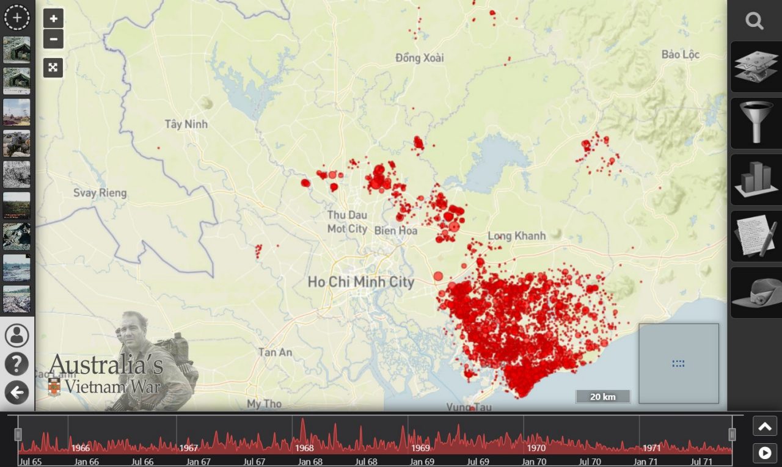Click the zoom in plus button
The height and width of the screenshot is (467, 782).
pyautogui.click(x=53, y=18)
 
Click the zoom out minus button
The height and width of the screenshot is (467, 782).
pyautogui.click(x=53, y=39)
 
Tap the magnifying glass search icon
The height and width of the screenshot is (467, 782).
pyautogui.click(x=755, y=21)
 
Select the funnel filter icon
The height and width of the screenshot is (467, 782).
pyautogui.click(x=756, y=123)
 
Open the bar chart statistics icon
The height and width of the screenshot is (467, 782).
pyautogui.click(x=756, y=179)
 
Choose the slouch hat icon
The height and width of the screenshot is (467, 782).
pyautogui.click(x=756, y=292)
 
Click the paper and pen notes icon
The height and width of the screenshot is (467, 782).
pyautogui.click(x=756, y=236)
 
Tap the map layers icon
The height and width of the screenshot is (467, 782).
pyautogui.click(x=756, y=67)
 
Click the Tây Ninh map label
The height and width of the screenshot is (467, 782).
pyautogui.click(x=186, y=125)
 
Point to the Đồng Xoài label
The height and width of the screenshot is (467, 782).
pyautogui.click(x=420, y=58)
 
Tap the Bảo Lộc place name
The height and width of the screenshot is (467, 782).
pyautogui.click(x=680, y=55)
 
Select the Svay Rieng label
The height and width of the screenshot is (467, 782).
pyautogui.click(x=100, y=193)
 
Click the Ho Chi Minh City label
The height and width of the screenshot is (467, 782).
pyautogui.click(x=360, y=282)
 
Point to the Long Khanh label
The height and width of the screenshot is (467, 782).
pyautogui.click(x=517, y=236)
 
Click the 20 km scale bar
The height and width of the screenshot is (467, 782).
pyautogui.click(x=602, y=397)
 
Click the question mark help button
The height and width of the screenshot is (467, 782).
pyautogui.click(x=16, y=364)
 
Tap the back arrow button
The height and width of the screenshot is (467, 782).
pyautogui.click(x=16, y=393)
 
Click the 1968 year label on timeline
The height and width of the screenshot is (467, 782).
pyautogui.click(x=304, y=448)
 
